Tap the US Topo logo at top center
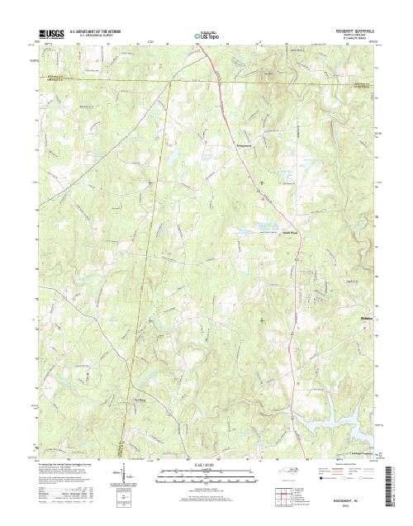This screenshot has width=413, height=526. click(x=207, y=36)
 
